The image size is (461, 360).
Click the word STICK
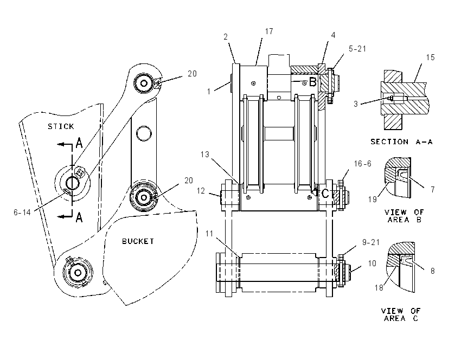point(61,126)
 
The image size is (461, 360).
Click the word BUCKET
point(138,241)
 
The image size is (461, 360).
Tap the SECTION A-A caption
point(401,142)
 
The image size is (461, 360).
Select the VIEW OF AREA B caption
point(404,216)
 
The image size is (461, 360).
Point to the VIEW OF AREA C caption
point(401,314)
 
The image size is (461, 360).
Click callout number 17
point(268,31)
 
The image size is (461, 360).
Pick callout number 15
point(430,57)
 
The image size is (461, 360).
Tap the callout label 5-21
point(357,48)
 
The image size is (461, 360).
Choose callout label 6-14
point(22,212)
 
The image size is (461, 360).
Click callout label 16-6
point(363,164)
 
